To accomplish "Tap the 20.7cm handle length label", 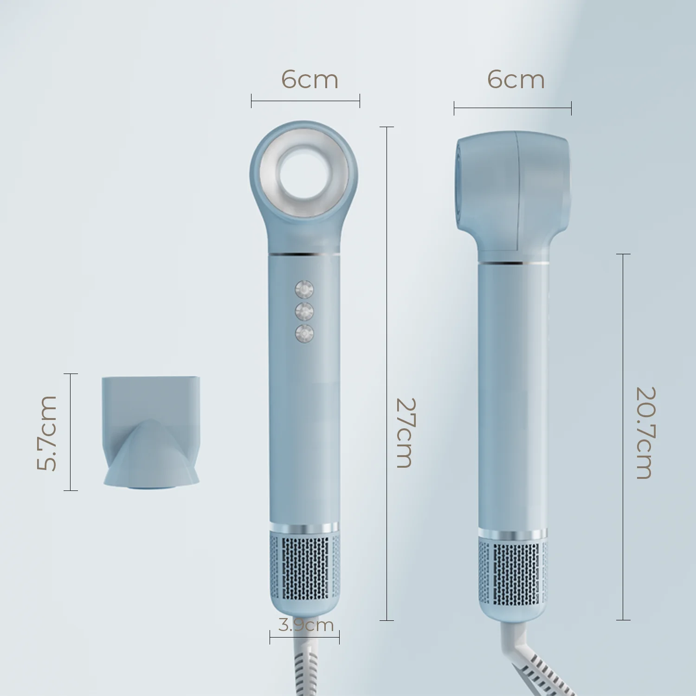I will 645,432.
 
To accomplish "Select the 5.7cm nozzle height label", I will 47,432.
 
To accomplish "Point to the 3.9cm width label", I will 306,625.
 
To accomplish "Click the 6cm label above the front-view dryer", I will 309,80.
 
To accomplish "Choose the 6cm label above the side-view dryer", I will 516,80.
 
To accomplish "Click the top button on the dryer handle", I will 304,290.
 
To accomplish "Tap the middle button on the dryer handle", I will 304,311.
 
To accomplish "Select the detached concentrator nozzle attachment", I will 151,432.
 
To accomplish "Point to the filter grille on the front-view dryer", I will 304,567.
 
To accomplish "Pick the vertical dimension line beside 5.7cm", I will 71,432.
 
